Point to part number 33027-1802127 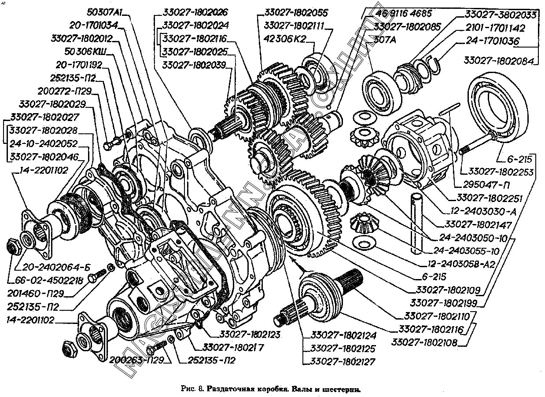coord(339,362)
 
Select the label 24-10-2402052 coord(43,143)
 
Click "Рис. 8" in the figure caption coord(192,389)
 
